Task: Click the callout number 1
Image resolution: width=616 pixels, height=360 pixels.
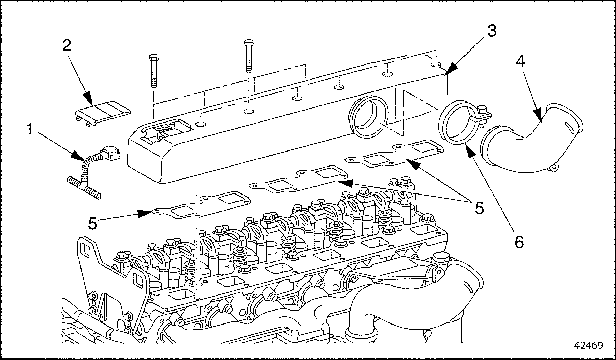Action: point(31,130)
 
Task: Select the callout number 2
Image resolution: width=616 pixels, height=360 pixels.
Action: point(67,44)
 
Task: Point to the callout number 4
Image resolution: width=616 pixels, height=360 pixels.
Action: point(520,61)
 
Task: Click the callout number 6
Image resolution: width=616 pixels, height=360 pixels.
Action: point(518,242)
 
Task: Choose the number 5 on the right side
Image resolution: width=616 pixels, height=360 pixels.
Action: point(479,208)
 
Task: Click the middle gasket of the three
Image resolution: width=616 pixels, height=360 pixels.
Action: point(300,179)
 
